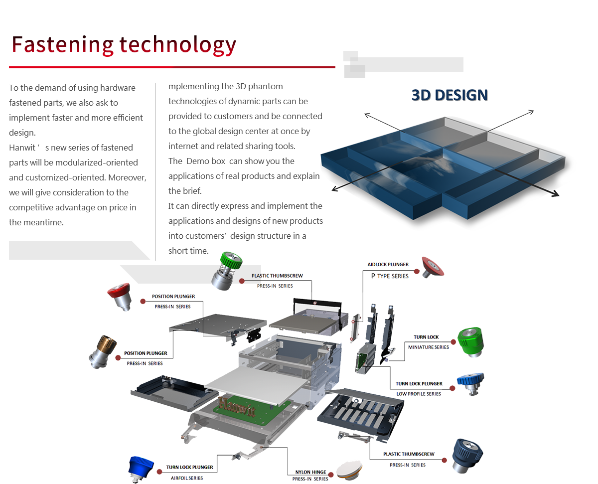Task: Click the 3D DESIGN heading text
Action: click(449, 95)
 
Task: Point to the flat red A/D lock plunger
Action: click(431, 266)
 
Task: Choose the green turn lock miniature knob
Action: click(470, 341)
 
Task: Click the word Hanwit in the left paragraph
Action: click(22, 148)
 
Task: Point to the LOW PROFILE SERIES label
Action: click(419, 393)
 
